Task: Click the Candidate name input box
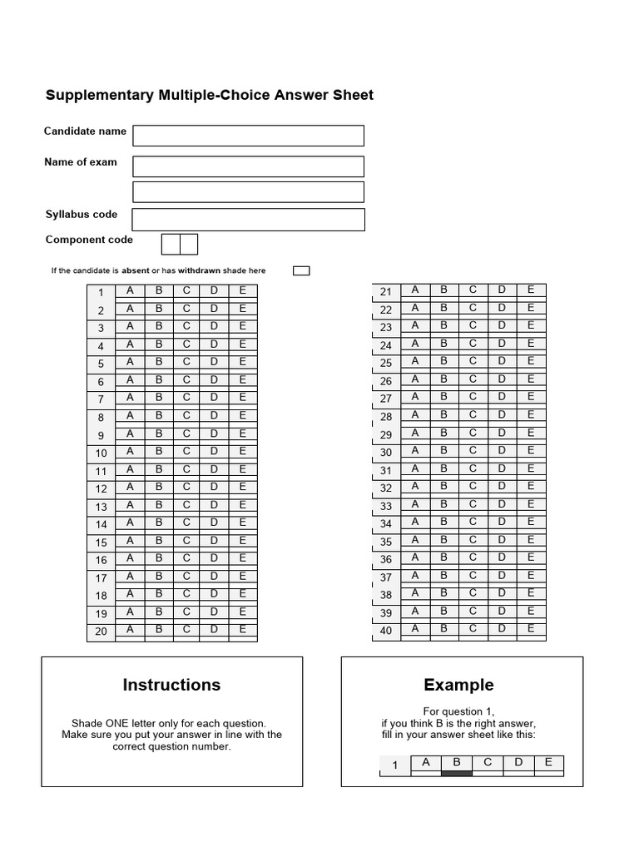click(x=248, y=136)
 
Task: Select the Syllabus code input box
click(x=248, y=220)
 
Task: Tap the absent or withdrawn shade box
click(x=302, y=270)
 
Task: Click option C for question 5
click(x=186, y=362)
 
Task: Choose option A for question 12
click(x=130, y=487)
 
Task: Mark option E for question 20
click(x=243, y=630)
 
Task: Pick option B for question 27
click(x=443, y=397)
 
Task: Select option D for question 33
click(x=502, y=504)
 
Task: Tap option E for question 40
click(x=531, y=629)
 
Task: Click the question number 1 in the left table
click(x=102, y=293)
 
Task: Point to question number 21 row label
click(x=385, y=292)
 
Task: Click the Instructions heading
click(x=171, y=685)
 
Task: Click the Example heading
click(x=458, y=685)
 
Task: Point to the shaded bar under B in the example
click(x=456, y=773)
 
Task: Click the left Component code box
click(x=170, y=244)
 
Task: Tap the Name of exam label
click(x=81, y=162)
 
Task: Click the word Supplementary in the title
click(x=100, y=95)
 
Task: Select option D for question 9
click(x=215, y=433)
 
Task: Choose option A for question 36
click(x=415, y=557)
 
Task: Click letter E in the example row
click(x=548, y=762)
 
